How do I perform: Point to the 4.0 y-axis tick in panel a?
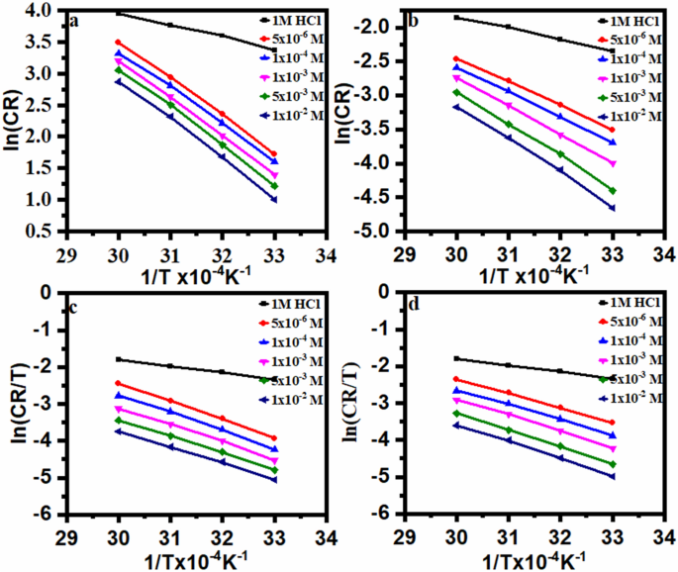click(41, 11)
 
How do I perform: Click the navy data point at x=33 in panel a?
click(274, 199)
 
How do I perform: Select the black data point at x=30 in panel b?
click(456, 17)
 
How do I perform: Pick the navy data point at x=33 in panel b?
click(612, 208)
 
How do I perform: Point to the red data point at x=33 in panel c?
click(274, 437)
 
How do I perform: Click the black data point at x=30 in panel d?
click(456, 358)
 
